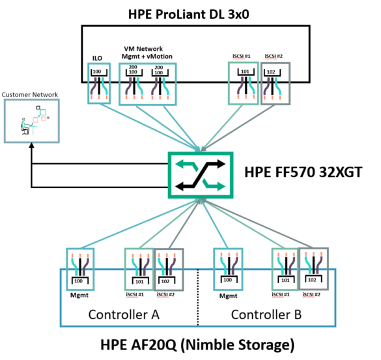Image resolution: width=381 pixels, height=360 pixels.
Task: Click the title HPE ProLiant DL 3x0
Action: click(189, 14)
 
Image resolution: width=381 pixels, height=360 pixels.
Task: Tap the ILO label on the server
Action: click(97, 59)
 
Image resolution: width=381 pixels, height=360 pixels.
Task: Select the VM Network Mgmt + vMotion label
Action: click(147, 53)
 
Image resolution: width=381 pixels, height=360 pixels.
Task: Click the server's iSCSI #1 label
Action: click(241, 56)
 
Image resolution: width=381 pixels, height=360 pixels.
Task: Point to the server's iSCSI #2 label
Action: click(274, 56)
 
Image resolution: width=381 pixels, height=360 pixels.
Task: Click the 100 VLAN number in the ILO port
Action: click(96, 72)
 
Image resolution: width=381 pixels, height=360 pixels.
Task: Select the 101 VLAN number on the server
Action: click(245, 72)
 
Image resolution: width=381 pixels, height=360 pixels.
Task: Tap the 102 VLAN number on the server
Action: click(271, 72)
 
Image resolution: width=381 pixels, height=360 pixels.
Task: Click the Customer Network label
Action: click(30, 94)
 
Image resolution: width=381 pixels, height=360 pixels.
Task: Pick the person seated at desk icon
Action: click(25, 126)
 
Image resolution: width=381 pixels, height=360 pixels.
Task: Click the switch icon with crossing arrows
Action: click(201, 175)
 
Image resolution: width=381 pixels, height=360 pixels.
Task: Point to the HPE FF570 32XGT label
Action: click(303, 172)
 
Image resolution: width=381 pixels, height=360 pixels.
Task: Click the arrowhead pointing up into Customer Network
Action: click(32, 145)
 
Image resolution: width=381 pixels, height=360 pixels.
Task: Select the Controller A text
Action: click(124, 314)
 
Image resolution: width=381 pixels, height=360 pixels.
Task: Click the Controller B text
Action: click(266, 314)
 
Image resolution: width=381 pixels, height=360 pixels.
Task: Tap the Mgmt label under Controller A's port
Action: click(79, 295)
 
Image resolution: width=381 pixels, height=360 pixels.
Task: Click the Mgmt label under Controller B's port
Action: click(228, 296)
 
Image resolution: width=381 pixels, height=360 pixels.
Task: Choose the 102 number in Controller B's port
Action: click(312, 280)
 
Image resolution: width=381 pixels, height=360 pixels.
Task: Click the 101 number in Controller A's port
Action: click(139, 281)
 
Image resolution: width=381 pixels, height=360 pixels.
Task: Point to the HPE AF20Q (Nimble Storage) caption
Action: click(197, 344)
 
